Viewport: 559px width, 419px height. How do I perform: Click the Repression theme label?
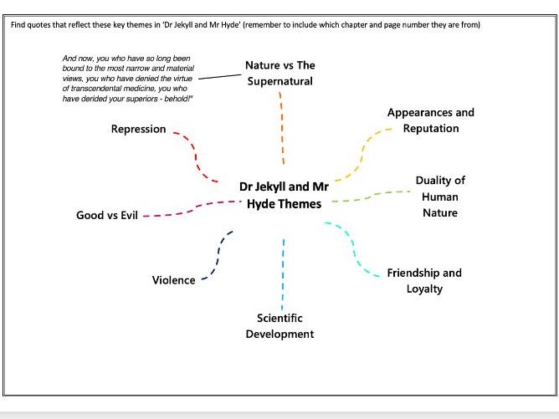(138, 130)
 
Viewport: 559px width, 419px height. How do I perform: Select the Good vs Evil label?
(106, 216)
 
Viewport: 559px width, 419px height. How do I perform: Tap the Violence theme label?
(173, 280)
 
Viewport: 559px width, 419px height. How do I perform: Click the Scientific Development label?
(279, 326)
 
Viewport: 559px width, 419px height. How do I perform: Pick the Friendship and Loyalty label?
(423, 281)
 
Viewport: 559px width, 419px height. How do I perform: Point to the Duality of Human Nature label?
(440, 197)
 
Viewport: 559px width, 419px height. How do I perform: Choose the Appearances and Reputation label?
(430, 120)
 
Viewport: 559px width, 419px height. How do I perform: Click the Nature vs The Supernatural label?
(280, 73)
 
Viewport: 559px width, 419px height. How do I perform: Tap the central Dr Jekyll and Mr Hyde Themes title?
(284, 196)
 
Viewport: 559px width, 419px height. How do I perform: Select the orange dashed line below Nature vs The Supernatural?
(283, 125)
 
